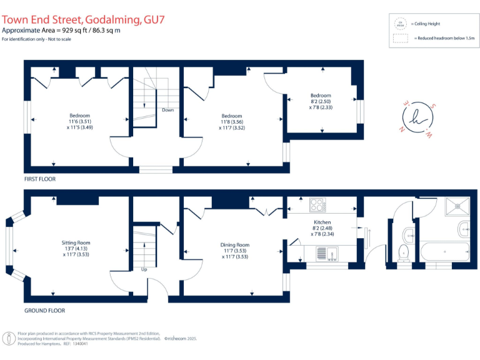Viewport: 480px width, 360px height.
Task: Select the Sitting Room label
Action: click(76, 242)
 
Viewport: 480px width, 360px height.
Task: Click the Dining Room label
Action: click(235, 245)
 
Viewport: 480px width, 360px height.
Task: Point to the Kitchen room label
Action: click(322, 222)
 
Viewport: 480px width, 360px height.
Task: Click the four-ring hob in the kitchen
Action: click(317, 204)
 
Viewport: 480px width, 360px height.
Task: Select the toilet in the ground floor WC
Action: click(403, 253)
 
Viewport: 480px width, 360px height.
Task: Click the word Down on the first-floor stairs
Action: click(167, 110)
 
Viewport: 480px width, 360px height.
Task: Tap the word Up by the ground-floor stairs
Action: click(144, 270)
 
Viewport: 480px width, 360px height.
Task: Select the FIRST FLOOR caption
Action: click(40, 179)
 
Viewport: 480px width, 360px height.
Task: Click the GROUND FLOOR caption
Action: click(44, 310)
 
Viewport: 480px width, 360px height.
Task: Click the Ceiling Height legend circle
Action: click(399, 24)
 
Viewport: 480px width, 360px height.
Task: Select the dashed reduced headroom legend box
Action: click(400, 38)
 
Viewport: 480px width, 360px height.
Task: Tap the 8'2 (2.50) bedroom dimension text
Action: click(321, 101)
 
